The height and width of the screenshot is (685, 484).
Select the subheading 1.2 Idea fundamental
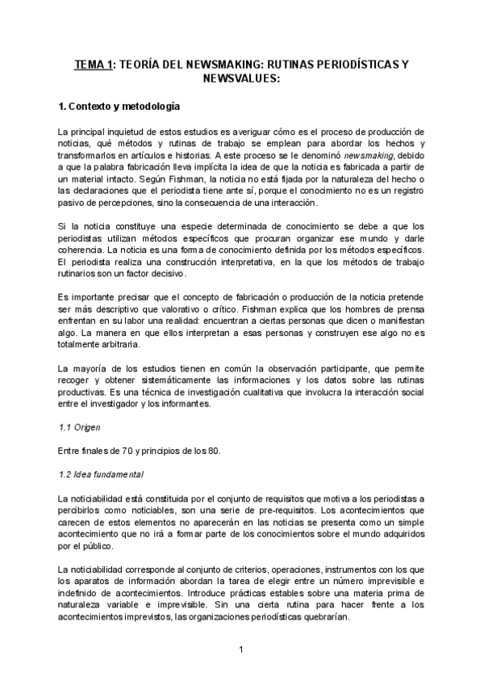(x=101, y=473)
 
